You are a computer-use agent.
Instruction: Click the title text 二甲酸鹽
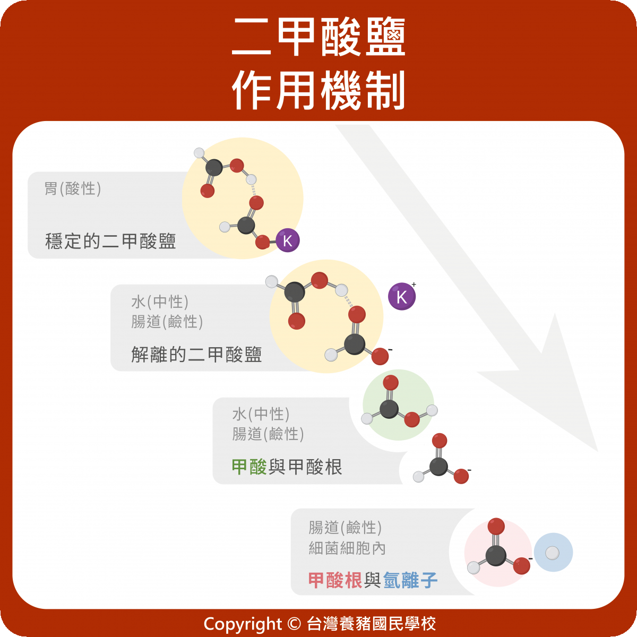tap(318, 37)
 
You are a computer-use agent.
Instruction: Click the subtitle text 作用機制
tap(318, 90)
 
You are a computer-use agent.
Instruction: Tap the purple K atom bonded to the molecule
tap(288, 240)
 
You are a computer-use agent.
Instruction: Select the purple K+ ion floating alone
tap(402, 297)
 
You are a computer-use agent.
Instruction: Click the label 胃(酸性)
tap(73, 188)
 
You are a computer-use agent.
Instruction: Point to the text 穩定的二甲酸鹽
tap(110, 242)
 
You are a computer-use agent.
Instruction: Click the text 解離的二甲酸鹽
tap(196, 355)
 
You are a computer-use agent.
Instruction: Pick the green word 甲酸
tap(249, 467)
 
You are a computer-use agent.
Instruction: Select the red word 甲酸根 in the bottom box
tap(335, 580)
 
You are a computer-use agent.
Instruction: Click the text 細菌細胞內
tap(347, 548)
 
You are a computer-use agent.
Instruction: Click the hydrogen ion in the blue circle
tap(553, 553)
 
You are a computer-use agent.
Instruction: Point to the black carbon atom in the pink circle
tap(496, 555)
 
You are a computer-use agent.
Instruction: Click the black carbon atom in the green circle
tap(389, 408)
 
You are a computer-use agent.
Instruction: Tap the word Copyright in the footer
tap(243, 624)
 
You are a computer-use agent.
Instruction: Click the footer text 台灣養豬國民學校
tap(372, 624)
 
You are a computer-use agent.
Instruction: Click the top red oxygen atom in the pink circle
tap(496, 527)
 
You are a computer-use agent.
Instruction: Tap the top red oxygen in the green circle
tap(391, 383)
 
